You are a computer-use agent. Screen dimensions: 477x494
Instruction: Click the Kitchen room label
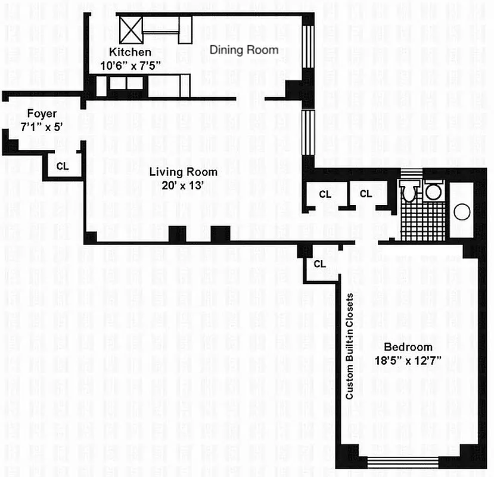pos(126,52)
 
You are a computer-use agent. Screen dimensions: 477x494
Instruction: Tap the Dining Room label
pos(244,49)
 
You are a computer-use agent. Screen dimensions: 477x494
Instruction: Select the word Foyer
pos(42,114)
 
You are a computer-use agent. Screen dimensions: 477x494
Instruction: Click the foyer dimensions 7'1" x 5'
pos(42,126)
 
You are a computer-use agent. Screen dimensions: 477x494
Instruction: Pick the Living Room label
pos(183,172)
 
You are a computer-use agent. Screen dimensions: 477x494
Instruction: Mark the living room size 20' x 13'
pos(183,185)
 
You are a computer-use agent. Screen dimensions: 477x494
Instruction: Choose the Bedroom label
pos(408,348)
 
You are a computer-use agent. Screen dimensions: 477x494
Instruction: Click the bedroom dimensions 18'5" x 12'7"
pos(408,360)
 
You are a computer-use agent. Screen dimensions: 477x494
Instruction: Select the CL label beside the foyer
pos(63,166)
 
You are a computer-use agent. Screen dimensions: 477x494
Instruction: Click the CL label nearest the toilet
pos(366,194)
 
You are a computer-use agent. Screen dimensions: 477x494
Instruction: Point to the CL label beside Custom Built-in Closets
pos(319,263)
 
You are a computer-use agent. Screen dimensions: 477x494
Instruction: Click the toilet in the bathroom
pos(409,193)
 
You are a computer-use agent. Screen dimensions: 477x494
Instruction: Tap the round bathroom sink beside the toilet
pos(433,192)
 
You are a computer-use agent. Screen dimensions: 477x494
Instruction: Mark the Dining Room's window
pos(309,48)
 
